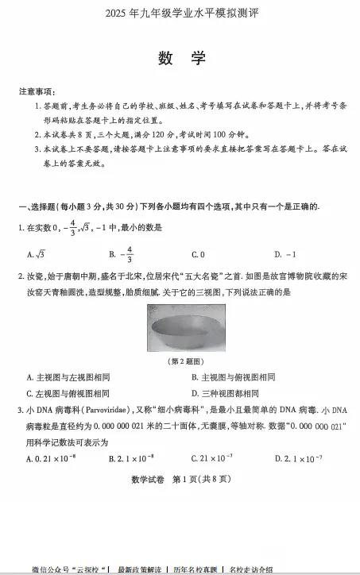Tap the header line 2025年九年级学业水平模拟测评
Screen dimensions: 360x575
[x=180, y=14]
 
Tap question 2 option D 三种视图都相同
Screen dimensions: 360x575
[x=225, y=393]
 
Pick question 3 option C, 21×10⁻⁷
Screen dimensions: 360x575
[x=211, y=458]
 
